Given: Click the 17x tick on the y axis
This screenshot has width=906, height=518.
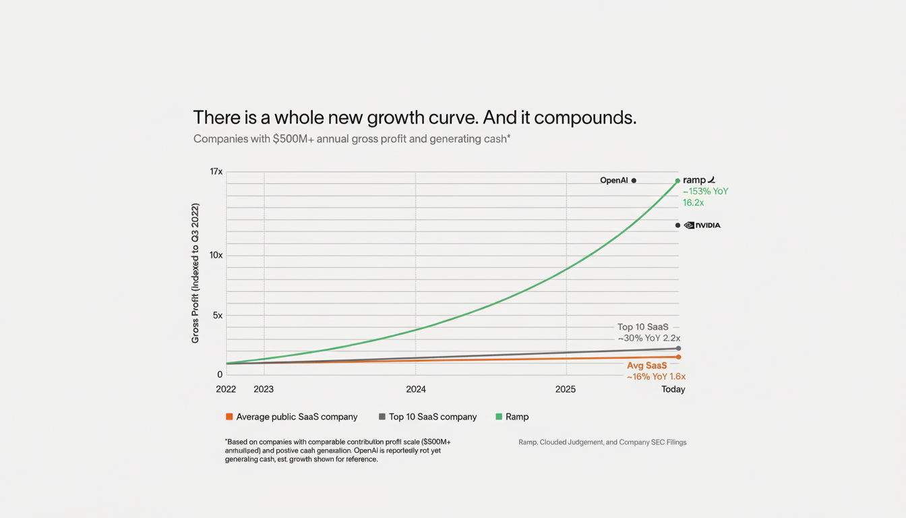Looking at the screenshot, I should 216,172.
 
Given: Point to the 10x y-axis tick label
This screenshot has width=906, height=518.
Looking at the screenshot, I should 216,255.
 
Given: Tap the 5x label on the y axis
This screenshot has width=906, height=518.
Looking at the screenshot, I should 217,315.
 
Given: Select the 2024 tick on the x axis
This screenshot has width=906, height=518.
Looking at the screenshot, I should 416,389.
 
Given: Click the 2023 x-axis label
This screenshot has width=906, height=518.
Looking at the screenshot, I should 264,389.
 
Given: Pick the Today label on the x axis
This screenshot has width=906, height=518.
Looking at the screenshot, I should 673,389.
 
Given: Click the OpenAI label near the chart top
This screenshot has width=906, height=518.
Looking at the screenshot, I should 613,180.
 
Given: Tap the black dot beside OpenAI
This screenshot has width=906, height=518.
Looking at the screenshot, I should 634,181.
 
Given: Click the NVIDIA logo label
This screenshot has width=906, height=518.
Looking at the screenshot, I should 702,225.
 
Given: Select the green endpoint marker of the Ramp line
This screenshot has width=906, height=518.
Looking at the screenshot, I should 677,181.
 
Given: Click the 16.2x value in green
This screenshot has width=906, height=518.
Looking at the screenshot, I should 693,202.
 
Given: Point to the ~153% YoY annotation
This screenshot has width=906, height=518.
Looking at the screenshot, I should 705,192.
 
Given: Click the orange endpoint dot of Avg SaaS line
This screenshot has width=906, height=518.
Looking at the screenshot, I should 678,357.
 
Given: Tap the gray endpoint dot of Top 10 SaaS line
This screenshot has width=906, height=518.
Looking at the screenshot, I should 678,348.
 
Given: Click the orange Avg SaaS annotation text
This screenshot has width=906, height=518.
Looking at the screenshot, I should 646,366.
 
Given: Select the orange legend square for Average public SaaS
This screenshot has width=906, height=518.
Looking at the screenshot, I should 229,417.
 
